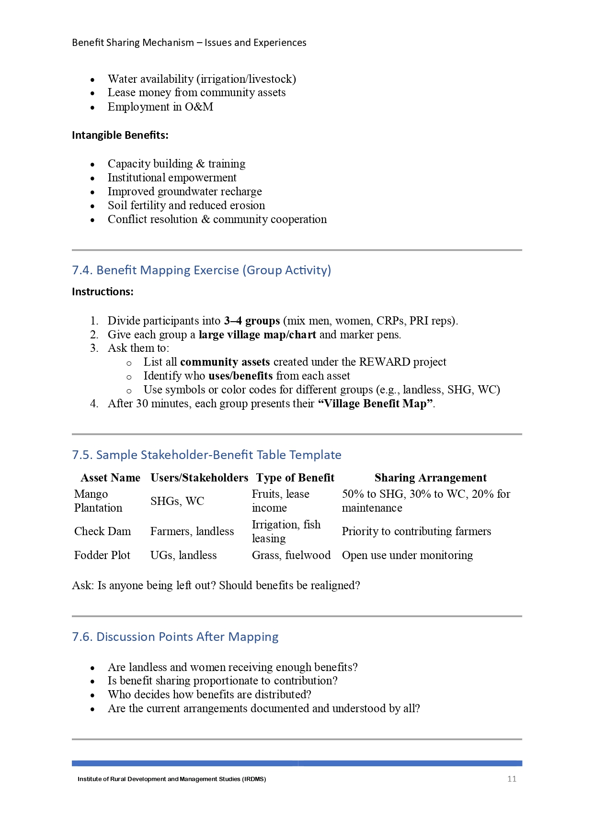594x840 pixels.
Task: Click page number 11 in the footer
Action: tap(512, 779)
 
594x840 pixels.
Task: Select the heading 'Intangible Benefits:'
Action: tap(120, 135)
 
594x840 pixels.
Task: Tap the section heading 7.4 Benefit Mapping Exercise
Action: tap(201, 270)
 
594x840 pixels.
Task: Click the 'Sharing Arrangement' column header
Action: tap(430, 478)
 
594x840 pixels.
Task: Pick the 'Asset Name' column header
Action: tap(110, 478)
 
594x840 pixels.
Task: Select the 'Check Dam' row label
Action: tap(103, 531)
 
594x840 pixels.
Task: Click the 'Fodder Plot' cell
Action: tap(102, 555)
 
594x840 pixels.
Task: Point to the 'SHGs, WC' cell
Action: tap(177, 501)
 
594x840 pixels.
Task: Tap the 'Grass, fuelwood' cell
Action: tap(291, 555)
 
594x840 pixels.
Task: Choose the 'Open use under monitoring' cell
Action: tap(407, 555)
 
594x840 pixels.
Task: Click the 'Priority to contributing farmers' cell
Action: tap(416, 531)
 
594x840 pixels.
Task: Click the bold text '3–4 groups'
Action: tap(252, 321)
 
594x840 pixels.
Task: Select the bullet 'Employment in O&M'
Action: tap(160, 107)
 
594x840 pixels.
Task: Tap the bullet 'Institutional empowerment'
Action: tap(172, 178)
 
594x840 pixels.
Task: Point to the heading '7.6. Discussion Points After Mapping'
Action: tap(175, 637)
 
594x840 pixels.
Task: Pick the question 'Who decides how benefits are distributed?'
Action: tap(209, 694)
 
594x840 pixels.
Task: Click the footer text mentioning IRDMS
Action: tap(171, 779)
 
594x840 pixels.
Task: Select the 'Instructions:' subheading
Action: tap(103, 292)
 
